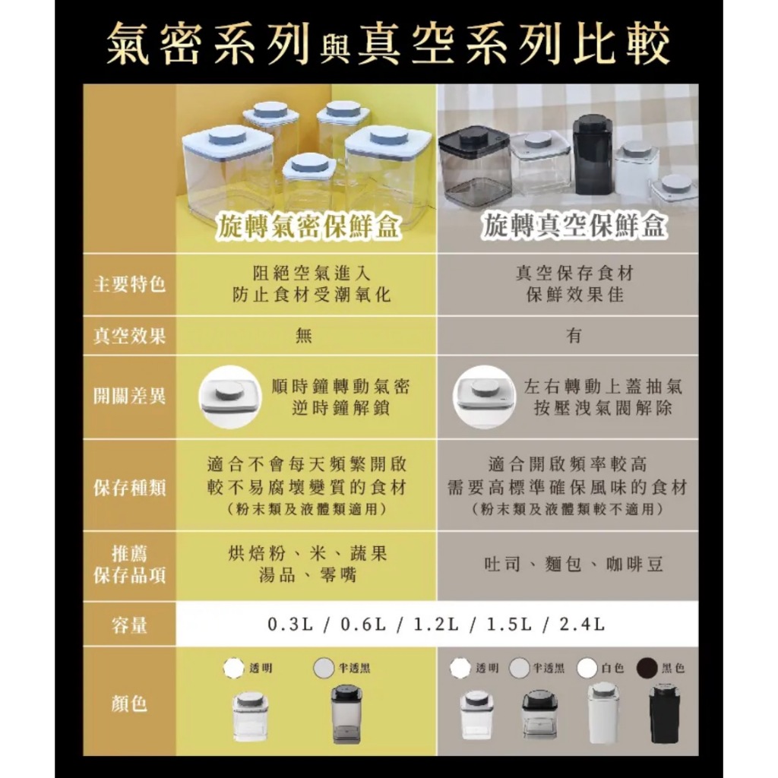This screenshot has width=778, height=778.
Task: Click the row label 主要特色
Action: pos(129,284)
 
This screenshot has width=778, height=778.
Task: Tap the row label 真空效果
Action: pos(129,336)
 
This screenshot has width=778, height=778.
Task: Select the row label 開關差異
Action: pos(129,397)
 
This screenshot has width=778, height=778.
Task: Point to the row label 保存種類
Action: pos(129,488)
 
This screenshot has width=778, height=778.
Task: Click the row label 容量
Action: pos(129,625)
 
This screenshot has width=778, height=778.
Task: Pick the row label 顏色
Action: pos(129,703)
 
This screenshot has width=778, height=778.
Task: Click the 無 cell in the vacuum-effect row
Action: pos(304,336)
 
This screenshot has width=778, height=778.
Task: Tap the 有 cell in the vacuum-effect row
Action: pos(574,336)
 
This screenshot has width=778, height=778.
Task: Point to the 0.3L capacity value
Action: pos(290,625)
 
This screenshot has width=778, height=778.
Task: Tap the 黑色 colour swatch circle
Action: pos(647,668)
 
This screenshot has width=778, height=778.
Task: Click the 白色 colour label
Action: pos(613,668)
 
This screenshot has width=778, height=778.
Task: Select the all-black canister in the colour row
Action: pos(664,713)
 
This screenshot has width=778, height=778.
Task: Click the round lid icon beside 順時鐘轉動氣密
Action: pos(229,397)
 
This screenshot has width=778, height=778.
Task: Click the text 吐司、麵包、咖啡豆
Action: pos(574,565)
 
